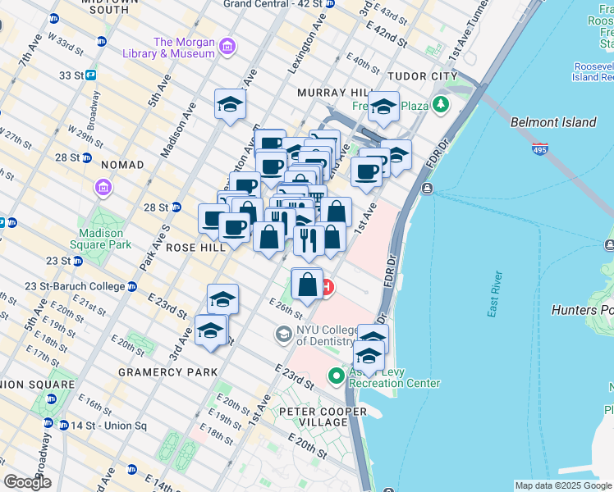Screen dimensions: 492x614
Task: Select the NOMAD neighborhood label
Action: tap(121, 165)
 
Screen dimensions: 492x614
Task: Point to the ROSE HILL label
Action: tap(195, 247)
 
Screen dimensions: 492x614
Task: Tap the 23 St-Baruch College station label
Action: tap(75, 286)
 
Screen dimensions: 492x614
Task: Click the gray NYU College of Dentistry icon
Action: tap(283, 334)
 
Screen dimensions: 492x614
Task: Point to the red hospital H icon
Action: tap(328, 287)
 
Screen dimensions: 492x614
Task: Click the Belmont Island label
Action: tap(552, 122)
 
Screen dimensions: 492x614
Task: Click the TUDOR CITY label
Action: tap(423, 76)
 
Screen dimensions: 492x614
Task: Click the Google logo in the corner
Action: tap(28, 482)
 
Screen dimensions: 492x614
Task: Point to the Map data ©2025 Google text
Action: tap(563, 485)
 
